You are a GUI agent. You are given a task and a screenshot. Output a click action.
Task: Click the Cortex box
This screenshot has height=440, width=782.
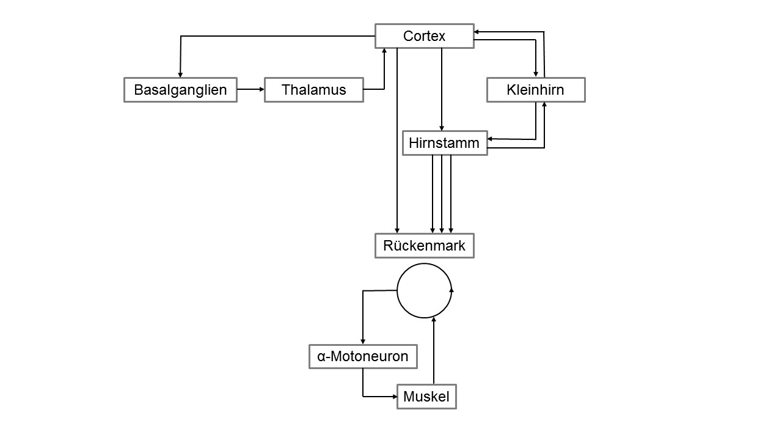click(425, 36)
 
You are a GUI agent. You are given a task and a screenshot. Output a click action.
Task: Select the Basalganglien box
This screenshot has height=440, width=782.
click(180, 90)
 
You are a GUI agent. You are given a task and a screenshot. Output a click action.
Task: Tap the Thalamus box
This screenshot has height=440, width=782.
click(314, 90)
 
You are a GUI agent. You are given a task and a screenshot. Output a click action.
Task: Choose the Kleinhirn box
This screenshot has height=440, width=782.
click(536, 90)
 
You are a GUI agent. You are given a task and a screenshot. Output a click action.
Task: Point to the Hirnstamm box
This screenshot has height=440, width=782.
click(445, 143)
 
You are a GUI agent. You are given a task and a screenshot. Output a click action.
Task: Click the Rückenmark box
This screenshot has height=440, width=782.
click(425, 246)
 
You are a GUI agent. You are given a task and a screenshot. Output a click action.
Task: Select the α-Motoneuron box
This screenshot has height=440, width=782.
click(363, 356)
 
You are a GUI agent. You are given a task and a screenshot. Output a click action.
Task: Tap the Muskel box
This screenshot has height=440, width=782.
click(426, 397)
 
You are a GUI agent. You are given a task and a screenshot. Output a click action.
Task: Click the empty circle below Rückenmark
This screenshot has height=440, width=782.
click(397, 290)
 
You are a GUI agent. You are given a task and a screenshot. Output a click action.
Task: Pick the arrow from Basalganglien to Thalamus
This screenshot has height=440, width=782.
click(250, 89)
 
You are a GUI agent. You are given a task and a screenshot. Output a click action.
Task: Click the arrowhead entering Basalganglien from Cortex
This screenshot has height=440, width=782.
click(180, 75)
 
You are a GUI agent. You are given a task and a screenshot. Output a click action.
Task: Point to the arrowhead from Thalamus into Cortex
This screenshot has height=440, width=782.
click(384, 51)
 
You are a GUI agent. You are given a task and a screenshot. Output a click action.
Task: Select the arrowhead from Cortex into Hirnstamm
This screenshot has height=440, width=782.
click(442, 128)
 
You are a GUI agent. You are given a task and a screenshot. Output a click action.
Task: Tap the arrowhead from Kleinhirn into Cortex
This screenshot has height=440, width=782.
click(477, 32)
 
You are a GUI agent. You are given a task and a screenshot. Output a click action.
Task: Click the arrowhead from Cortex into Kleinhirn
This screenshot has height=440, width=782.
click(536, 75)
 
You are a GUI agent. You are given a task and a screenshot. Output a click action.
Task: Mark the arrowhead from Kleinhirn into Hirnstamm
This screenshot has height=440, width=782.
click(490, 139)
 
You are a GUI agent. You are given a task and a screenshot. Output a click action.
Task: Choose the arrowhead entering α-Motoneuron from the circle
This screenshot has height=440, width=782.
click(363, 342)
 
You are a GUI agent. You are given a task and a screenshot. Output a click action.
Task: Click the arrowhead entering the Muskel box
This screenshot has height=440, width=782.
click(395, 397)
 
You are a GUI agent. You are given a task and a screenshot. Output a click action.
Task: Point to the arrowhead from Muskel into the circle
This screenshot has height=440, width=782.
click(434, 320)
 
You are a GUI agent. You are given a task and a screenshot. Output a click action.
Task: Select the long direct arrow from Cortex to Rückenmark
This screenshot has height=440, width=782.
click(397, 141)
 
